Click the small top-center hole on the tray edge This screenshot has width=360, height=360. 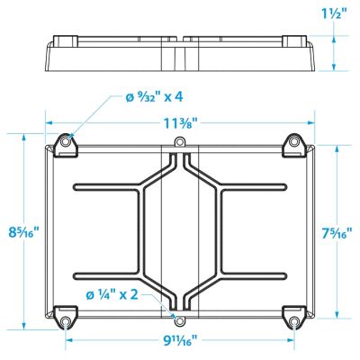tap(179, 143)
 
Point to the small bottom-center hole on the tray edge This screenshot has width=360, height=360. tap(179, 319)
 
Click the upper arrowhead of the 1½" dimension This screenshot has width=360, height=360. tap(334, 37)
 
